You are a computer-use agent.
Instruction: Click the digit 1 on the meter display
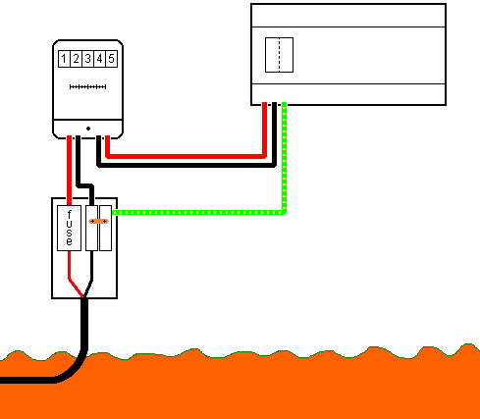click(64, 59)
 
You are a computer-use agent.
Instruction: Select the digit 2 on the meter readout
click(76, 59)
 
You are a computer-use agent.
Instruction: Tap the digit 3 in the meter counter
click(87, 59)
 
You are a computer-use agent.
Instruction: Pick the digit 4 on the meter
click(99, 59)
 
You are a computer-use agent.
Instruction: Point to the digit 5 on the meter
click(111, 59)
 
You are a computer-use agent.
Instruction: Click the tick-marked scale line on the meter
click(87, 86)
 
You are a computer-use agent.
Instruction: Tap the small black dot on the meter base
click(88, 129)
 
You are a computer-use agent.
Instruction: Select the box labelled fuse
click(69, 228)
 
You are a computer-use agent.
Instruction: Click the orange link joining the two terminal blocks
click(98, 222)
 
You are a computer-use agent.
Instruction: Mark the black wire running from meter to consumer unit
click(187, 166)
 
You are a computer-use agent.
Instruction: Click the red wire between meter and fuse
click(69, 170)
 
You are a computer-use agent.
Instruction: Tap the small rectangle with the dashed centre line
click(279, 55)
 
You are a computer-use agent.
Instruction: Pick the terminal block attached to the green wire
click(105, 228)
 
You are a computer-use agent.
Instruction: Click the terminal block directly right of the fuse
click(91, 228)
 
